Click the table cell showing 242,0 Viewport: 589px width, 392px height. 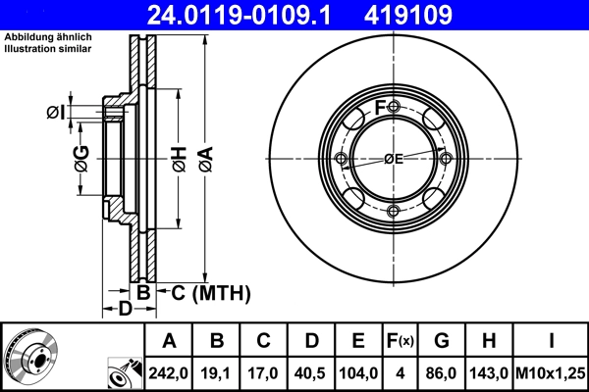[169, 371]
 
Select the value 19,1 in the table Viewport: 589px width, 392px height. [218, 371]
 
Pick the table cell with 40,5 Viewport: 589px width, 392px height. [311, 371]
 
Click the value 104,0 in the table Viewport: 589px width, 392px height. [358, 371]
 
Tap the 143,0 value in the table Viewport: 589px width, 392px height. [489, 371]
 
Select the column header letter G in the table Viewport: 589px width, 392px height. [442, 341]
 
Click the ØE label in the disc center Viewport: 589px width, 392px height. [394, 159]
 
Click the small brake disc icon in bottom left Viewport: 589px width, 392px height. [30, 356]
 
